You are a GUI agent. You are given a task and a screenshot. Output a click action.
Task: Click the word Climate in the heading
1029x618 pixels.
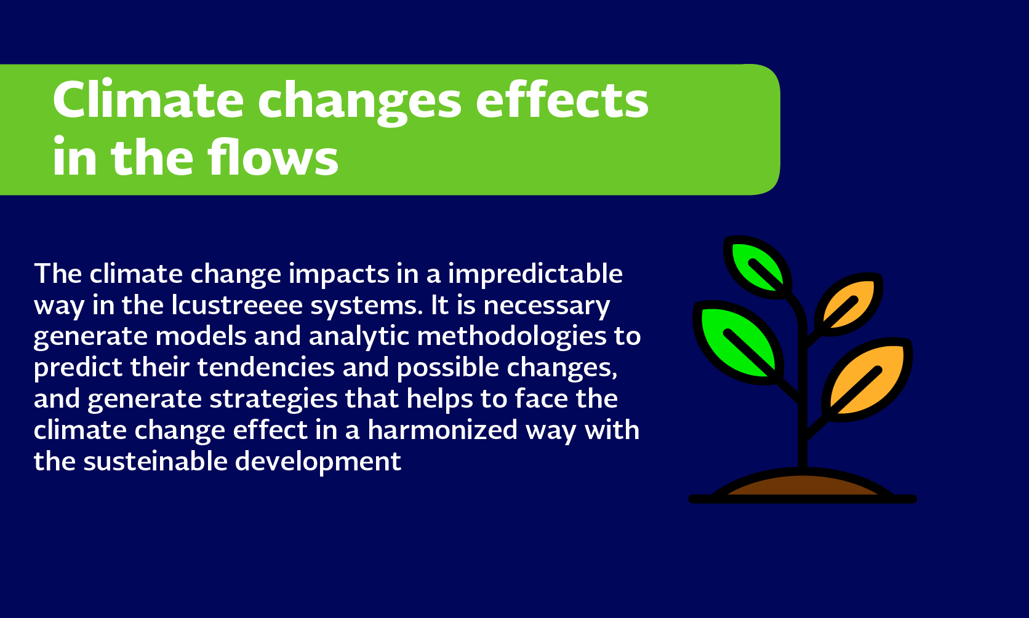[148, 99]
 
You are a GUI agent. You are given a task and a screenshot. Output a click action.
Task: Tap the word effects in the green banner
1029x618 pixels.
[562, 99]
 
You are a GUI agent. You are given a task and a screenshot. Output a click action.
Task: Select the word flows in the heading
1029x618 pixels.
[273, 157]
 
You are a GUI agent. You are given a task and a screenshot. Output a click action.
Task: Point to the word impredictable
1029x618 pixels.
[535, 275]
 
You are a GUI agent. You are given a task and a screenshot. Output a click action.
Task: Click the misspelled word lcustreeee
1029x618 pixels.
[237, 305]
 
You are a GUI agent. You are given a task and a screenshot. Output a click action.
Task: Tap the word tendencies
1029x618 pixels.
[266, 367]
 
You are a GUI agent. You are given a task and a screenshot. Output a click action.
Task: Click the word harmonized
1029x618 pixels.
[443, 430]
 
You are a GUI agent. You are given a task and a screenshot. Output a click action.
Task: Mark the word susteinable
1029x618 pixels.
[155, 461]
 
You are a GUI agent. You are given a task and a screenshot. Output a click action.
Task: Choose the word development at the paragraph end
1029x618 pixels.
[318, 462]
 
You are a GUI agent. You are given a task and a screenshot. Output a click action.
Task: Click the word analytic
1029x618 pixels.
[359, 337]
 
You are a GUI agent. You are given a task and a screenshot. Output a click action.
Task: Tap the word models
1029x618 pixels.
[201, 336]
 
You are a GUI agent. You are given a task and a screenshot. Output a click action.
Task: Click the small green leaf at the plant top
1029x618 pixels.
[758, 267]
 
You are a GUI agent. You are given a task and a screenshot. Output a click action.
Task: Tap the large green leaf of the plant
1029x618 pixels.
[739, 343]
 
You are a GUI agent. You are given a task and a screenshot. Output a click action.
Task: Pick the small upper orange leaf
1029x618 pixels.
[849, 304]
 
